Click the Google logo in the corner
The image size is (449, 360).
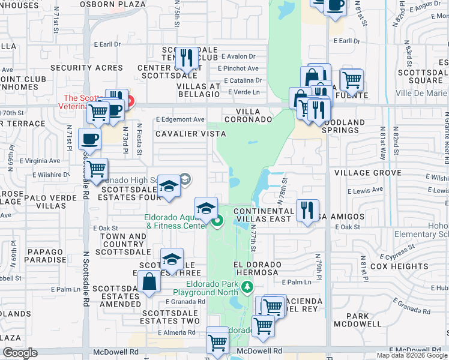tap(20, 353)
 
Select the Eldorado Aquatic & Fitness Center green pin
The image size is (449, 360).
tap(218, 221)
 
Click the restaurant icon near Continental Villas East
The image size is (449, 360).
tap(307, 210)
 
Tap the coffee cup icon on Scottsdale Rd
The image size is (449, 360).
tap(89, 139)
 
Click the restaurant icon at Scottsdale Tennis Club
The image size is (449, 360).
tap(185, 58)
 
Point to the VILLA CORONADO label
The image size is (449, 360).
tap(249, 115)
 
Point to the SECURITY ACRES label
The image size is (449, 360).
tap(86, 68)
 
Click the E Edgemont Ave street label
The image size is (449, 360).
tap(180, 119)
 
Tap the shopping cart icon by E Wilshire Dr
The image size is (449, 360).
tap(95, 169)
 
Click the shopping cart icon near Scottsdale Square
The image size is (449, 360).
tap(351, 79)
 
